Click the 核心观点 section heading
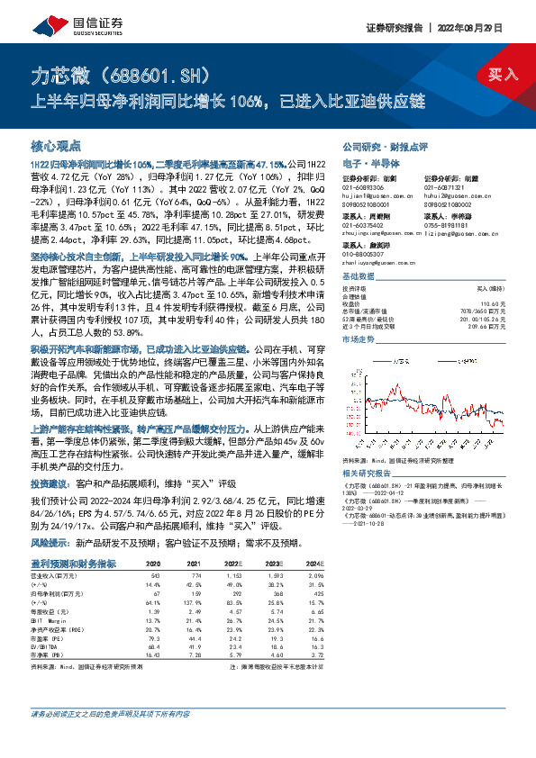pyautogui.click(x=56, y=146)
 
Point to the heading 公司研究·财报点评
pyautogui.click(x=385, y=146)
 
